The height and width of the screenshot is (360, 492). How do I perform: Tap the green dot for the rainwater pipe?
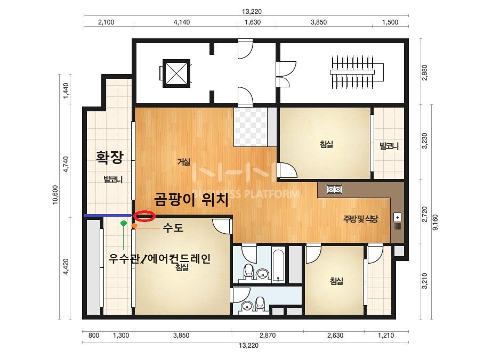[x=124, y=223]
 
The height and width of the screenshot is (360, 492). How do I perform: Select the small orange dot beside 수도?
[x=134, y=225]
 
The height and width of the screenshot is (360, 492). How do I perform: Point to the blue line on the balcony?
[x=108, y=216]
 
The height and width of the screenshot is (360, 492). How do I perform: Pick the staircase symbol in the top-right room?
[x=357, y=72]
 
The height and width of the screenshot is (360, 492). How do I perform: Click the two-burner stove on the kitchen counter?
[x=334, y=190]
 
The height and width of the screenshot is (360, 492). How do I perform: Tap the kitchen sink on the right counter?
[x=397, y=222]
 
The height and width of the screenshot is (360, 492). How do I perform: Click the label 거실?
[x=184, y=162]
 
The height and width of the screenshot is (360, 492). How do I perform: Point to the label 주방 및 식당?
[x=360, y=219]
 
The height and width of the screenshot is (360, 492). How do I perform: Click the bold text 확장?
[x=109, y=158]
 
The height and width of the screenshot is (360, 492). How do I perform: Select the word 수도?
[x=173, y=227]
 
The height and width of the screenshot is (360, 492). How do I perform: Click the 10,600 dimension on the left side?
[x=55, y=195]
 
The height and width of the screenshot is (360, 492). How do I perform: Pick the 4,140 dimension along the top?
[x=182, y=22]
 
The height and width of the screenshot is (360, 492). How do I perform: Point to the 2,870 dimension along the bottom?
[x=268, y=335]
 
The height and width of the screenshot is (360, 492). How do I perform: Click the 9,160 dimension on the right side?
[x=435, y=222]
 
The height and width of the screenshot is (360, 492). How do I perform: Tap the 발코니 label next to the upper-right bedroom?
[x=389, y=146]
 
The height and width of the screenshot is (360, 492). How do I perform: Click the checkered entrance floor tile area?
[x=251, y=127]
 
